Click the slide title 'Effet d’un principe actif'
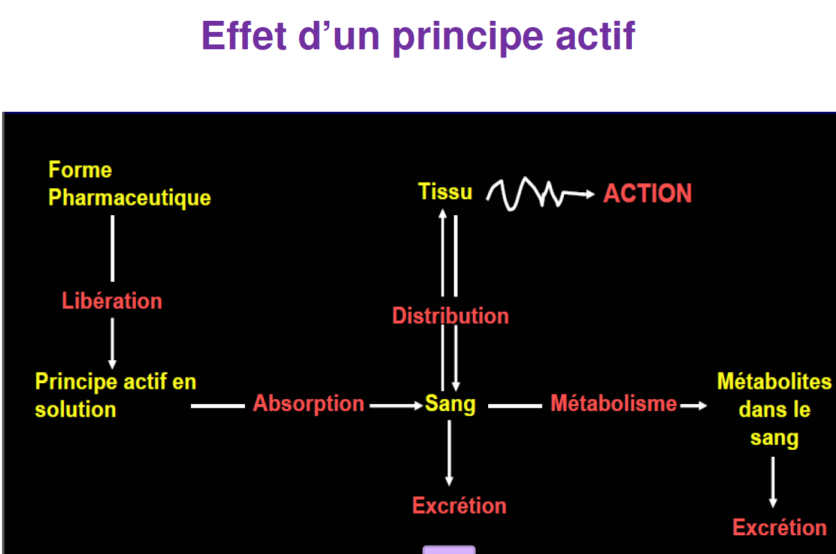(x=418, y=36)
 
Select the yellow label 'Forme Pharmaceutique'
(x=129, y=184)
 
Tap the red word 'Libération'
(x=112, y=301)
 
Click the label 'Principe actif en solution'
(x=115, y=395)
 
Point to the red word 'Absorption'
(x=308, y=403)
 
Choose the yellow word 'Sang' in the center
(x=450, y=404)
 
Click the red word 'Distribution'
(x=450, y=316)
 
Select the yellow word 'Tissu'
(x=445, y=192)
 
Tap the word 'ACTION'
(x=647, y=193)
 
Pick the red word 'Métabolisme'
(x=613, y=403)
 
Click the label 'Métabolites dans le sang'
(x=774, y=410)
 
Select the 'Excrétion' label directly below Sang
(x=459, y=505)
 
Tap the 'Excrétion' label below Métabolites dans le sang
(x=779, y=528)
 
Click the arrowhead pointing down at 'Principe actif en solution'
(x=112, y=364)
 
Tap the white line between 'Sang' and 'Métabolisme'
(x=515, y=405)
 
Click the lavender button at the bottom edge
(x=449, y=550)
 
